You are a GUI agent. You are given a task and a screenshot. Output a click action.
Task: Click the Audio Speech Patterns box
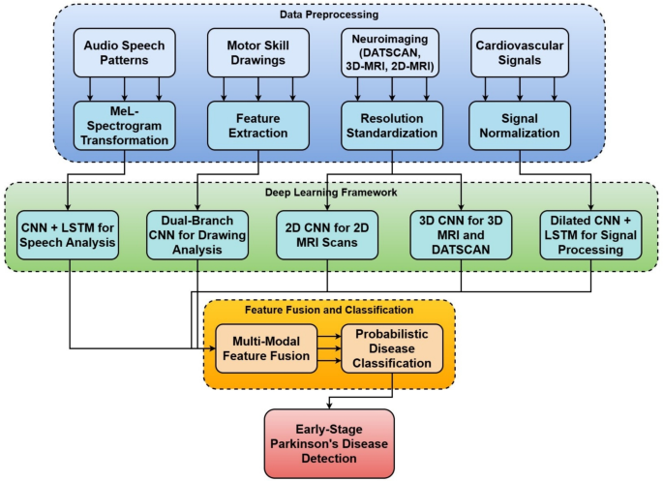[125, 53]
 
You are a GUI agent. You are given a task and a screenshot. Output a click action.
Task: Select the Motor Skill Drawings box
[256, 53]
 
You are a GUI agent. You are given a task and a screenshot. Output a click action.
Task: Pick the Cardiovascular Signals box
[522, 53]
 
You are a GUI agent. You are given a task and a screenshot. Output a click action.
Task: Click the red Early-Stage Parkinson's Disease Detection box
[331, 436]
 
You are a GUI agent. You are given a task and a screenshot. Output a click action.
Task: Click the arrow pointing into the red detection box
[331, 400]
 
